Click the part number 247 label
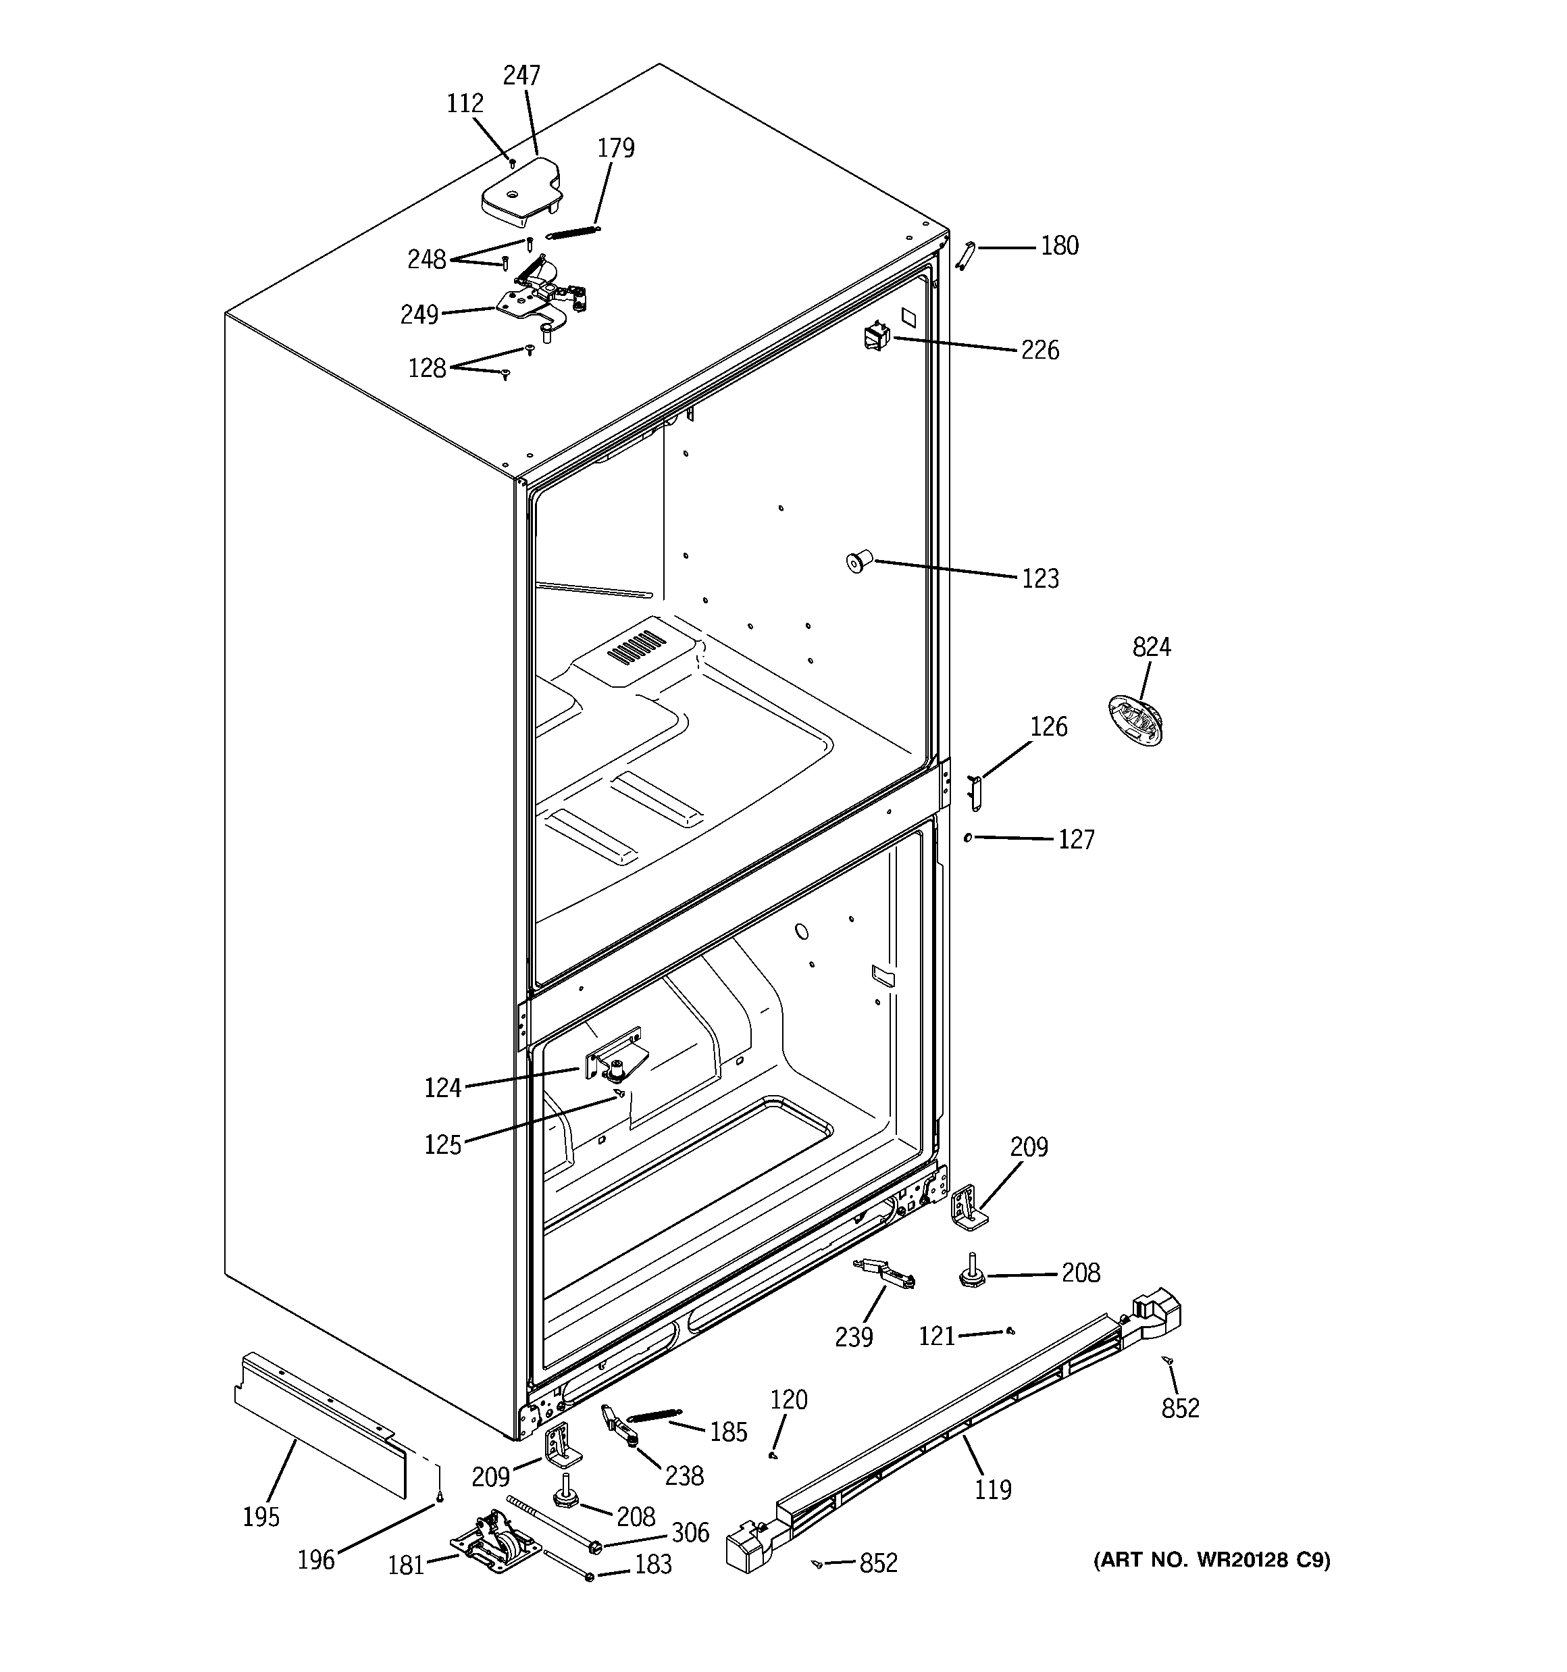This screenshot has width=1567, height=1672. [x=521, y=76]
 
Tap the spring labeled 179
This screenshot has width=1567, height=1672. [x=573, y=230]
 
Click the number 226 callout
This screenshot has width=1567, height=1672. [x=1039, y=351]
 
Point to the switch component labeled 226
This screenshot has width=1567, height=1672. [x=875, y=336]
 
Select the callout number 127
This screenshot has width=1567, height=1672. [x=1076, y=839]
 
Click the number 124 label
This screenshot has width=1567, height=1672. [x=442, y=1088]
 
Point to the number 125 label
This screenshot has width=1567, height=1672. [x=442, y=1144]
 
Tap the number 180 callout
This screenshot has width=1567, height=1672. [x=1059, y=246]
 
